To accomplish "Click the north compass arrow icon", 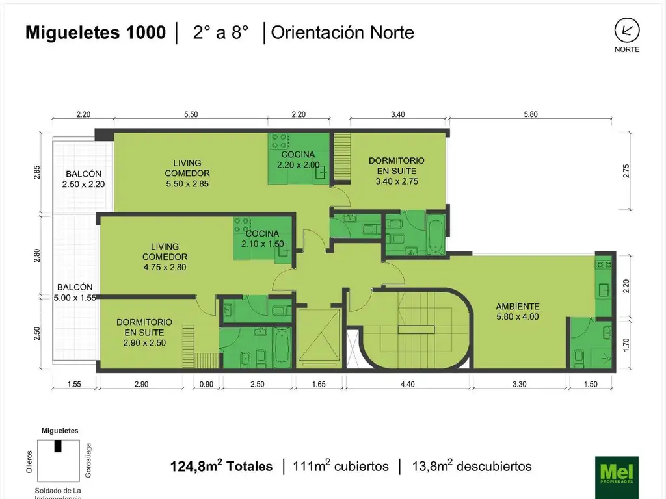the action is pos(627,30).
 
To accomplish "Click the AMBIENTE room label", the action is pos(517,311).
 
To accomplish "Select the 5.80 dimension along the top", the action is pos(531,114).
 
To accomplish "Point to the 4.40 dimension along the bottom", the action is pos(407,384).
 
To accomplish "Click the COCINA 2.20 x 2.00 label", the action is pos(298,160).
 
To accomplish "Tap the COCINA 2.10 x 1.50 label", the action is pos(263,238).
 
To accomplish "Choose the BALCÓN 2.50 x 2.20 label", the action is pos(83,179).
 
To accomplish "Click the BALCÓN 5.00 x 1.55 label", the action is pos(75,292).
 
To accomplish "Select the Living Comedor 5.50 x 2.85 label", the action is pos(187,173).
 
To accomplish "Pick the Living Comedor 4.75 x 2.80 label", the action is pos(165,257).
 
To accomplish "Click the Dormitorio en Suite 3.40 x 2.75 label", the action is pos(396,171).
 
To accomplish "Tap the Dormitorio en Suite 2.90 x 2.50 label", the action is pos(144,332).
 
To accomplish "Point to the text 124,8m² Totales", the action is pos(221,466).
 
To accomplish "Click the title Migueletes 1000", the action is pos(96,32).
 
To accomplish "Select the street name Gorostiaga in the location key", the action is pos(88,461).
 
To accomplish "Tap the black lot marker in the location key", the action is pos(58,446).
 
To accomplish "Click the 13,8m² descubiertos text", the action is pos(472,466).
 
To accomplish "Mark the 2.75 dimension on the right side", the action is pos(626,171).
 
